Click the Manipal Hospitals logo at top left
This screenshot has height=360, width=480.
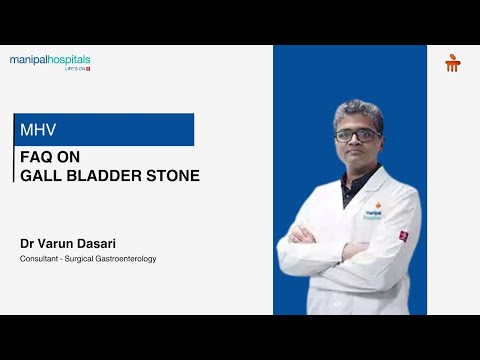coord(49,61)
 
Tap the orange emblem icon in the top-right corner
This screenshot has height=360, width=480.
coord(452,63)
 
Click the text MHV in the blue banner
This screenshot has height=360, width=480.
coord(36,130)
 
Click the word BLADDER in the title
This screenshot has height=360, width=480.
coord(104,176)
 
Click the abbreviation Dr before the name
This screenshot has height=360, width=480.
coord(27,243)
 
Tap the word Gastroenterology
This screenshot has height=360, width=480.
coord(126,259)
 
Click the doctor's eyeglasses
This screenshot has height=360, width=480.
coord(357,135)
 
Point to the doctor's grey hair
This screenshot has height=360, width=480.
coord(357,109)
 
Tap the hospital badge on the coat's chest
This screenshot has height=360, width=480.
coord(374,213)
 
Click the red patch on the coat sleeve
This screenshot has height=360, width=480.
coord(403,235)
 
